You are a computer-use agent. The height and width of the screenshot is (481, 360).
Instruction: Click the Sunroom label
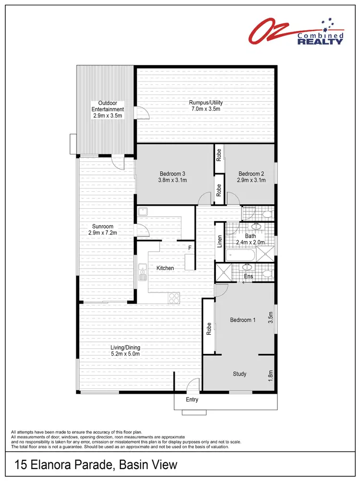[x=103, y=226]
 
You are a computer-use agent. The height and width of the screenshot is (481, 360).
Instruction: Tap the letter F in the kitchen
[x=190, y=248]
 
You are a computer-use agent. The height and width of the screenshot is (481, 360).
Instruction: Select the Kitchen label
[x=165, y=268]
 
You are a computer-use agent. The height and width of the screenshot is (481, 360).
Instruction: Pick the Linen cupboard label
[x=219, y=241]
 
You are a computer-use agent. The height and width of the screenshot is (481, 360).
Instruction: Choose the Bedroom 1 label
[x=242, y=320]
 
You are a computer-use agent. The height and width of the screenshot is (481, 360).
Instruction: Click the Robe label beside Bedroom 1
[x=209, y=328]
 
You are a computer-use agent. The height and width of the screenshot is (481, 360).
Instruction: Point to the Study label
[x=240, y=374]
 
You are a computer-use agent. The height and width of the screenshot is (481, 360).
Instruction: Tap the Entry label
[x=192, y=400]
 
